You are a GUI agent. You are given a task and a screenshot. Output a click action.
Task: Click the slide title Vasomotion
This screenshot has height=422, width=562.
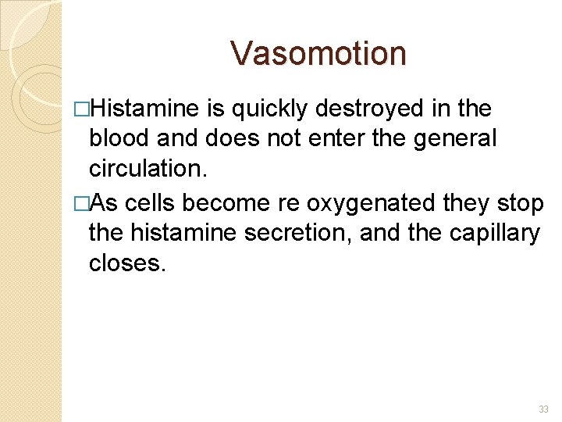pos(318,54)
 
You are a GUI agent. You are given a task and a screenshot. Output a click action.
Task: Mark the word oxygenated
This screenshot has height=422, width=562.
pos(371,202)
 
